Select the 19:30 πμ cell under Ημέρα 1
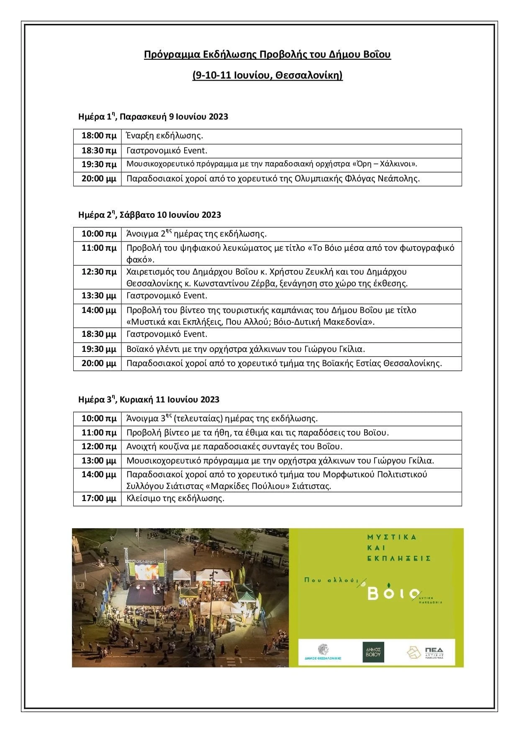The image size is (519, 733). coord(99,164)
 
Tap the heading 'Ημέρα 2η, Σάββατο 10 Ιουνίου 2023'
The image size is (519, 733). coord(149,215)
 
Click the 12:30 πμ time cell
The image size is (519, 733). coord(99,272)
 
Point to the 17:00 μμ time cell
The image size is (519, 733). coord(99,498)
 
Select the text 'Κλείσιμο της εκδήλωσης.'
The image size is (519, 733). coord(175,498)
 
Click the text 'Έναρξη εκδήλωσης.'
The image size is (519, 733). coord(164,136)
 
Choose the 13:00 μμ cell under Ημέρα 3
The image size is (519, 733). coord(99,461)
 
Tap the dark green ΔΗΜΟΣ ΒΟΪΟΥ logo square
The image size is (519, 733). coord(373,652)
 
